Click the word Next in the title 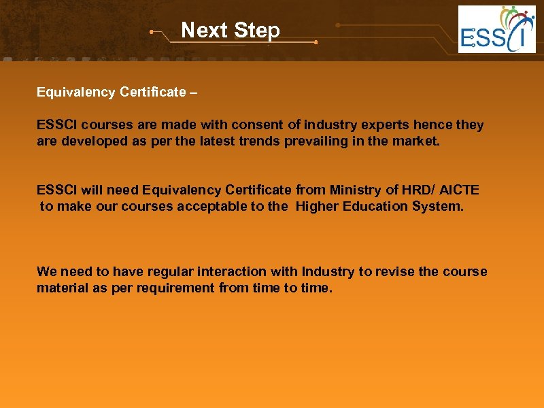[203, 31]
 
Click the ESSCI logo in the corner [496, 29]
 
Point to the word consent [256, 125]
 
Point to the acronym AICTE [459, 190]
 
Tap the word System [438, 207]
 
